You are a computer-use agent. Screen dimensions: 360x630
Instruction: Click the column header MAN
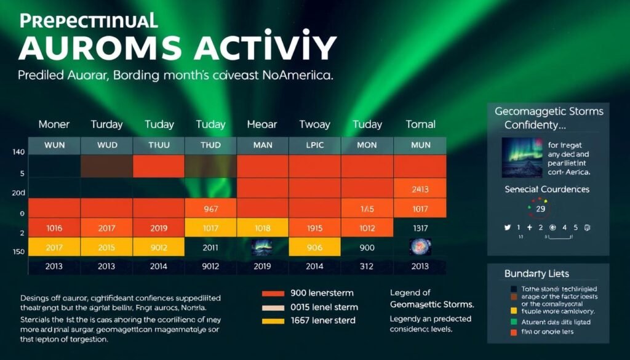click(x=263, y=146)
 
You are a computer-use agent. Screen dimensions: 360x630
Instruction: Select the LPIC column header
click(x=315, y=146)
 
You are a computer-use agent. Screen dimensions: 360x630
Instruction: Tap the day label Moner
click(x=54, y=124)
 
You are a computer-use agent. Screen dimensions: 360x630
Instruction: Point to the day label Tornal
click(x=420, y=124)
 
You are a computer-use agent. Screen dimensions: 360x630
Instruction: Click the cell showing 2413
click(x=420, y=189)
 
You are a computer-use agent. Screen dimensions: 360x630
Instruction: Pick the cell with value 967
click(x=210, y=209)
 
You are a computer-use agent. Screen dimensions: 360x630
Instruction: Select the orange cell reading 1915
click(x=315, y=228)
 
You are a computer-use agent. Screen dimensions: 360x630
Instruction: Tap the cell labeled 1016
click(x=54, y=228)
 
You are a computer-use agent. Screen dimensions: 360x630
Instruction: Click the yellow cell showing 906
click(x=315, y=247)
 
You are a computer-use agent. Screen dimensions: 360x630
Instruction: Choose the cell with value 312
click(x=367, y=266)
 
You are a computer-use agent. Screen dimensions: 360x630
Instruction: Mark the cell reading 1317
click(x=420, y=228)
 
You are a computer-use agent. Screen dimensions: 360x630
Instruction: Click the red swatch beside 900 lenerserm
click(x=273, y=294)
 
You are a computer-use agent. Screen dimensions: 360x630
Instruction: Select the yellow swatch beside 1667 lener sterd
click(x=273, y=321)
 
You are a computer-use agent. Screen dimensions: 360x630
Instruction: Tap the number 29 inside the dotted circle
click(x=541, y=209)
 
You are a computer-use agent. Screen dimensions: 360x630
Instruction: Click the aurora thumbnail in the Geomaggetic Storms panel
click(x=522, y=158)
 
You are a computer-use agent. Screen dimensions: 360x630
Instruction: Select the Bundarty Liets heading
click(x=536, y=273)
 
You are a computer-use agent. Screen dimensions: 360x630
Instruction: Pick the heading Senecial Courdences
click(x=547, y=189)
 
